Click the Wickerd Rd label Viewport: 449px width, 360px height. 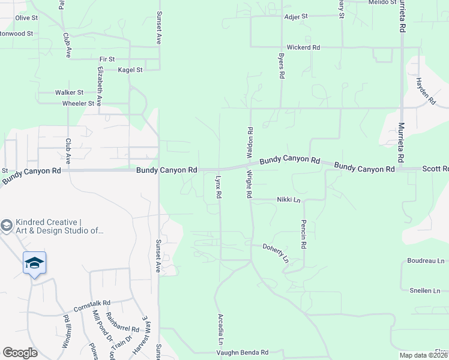click(x=304, y=47)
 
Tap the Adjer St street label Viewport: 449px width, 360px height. click(x=296, y=17)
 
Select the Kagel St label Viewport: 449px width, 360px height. click(x=130, y=70)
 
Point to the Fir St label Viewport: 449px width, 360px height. click(x=107, y=59)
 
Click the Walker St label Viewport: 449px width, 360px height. click(x=69, y=92)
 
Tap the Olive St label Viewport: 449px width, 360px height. click(x=26, y=18)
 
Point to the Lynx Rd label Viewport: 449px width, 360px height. click(x=218, y=187)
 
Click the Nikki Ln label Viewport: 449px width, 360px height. click(x=288, y=199)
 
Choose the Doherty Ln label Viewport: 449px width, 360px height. click(x=276, y=253)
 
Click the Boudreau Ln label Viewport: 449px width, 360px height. click(x=426, y=261)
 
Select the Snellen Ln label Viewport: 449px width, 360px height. click(x=425, y=290)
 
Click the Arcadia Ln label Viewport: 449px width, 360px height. click(x=220, y=327)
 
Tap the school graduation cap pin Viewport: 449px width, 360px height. click(x=34, y=263)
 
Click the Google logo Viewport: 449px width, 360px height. click(x=20, y=352)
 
